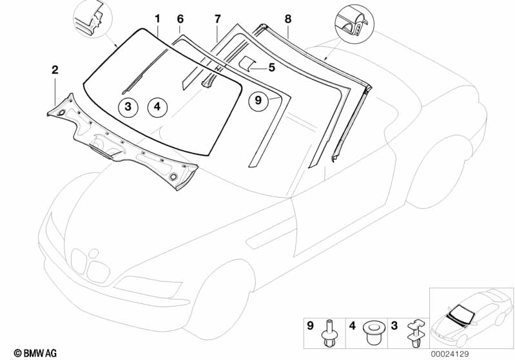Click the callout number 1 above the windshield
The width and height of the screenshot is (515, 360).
tap(158, 19)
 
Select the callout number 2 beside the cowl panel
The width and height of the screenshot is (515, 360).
tap(55, 70)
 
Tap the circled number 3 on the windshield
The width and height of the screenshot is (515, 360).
tap(128, 107)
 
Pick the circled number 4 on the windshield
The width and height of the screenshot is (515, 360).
tap(157, 107)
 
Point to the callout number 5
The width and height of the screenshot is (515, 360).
tap(271, 67)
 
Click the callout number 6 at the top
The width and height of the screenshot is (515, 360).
tap(180, 19)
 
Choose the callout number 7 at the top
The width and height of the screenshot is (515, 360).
tap(217, 19)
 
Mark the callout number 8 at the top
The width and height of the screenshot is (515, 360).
tap(287, 19)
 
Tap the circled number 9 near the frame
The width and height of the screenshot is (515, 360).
tap(258, 100)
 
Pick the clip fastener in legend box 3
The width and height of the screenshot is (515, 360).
tap(416, 333)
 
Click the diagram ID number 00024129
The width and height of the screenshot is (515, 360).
tap(451, 354)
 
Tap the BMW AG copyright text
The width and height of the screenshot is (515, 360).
tap(35, 353)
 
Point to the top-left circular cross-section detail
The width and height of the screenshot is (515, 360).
tap(93, 19)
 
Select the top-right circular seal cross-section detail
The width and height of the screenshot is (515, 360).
tap(355, 24)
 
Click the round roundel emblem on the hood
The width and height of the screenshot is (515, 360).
tap(94, 253)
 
